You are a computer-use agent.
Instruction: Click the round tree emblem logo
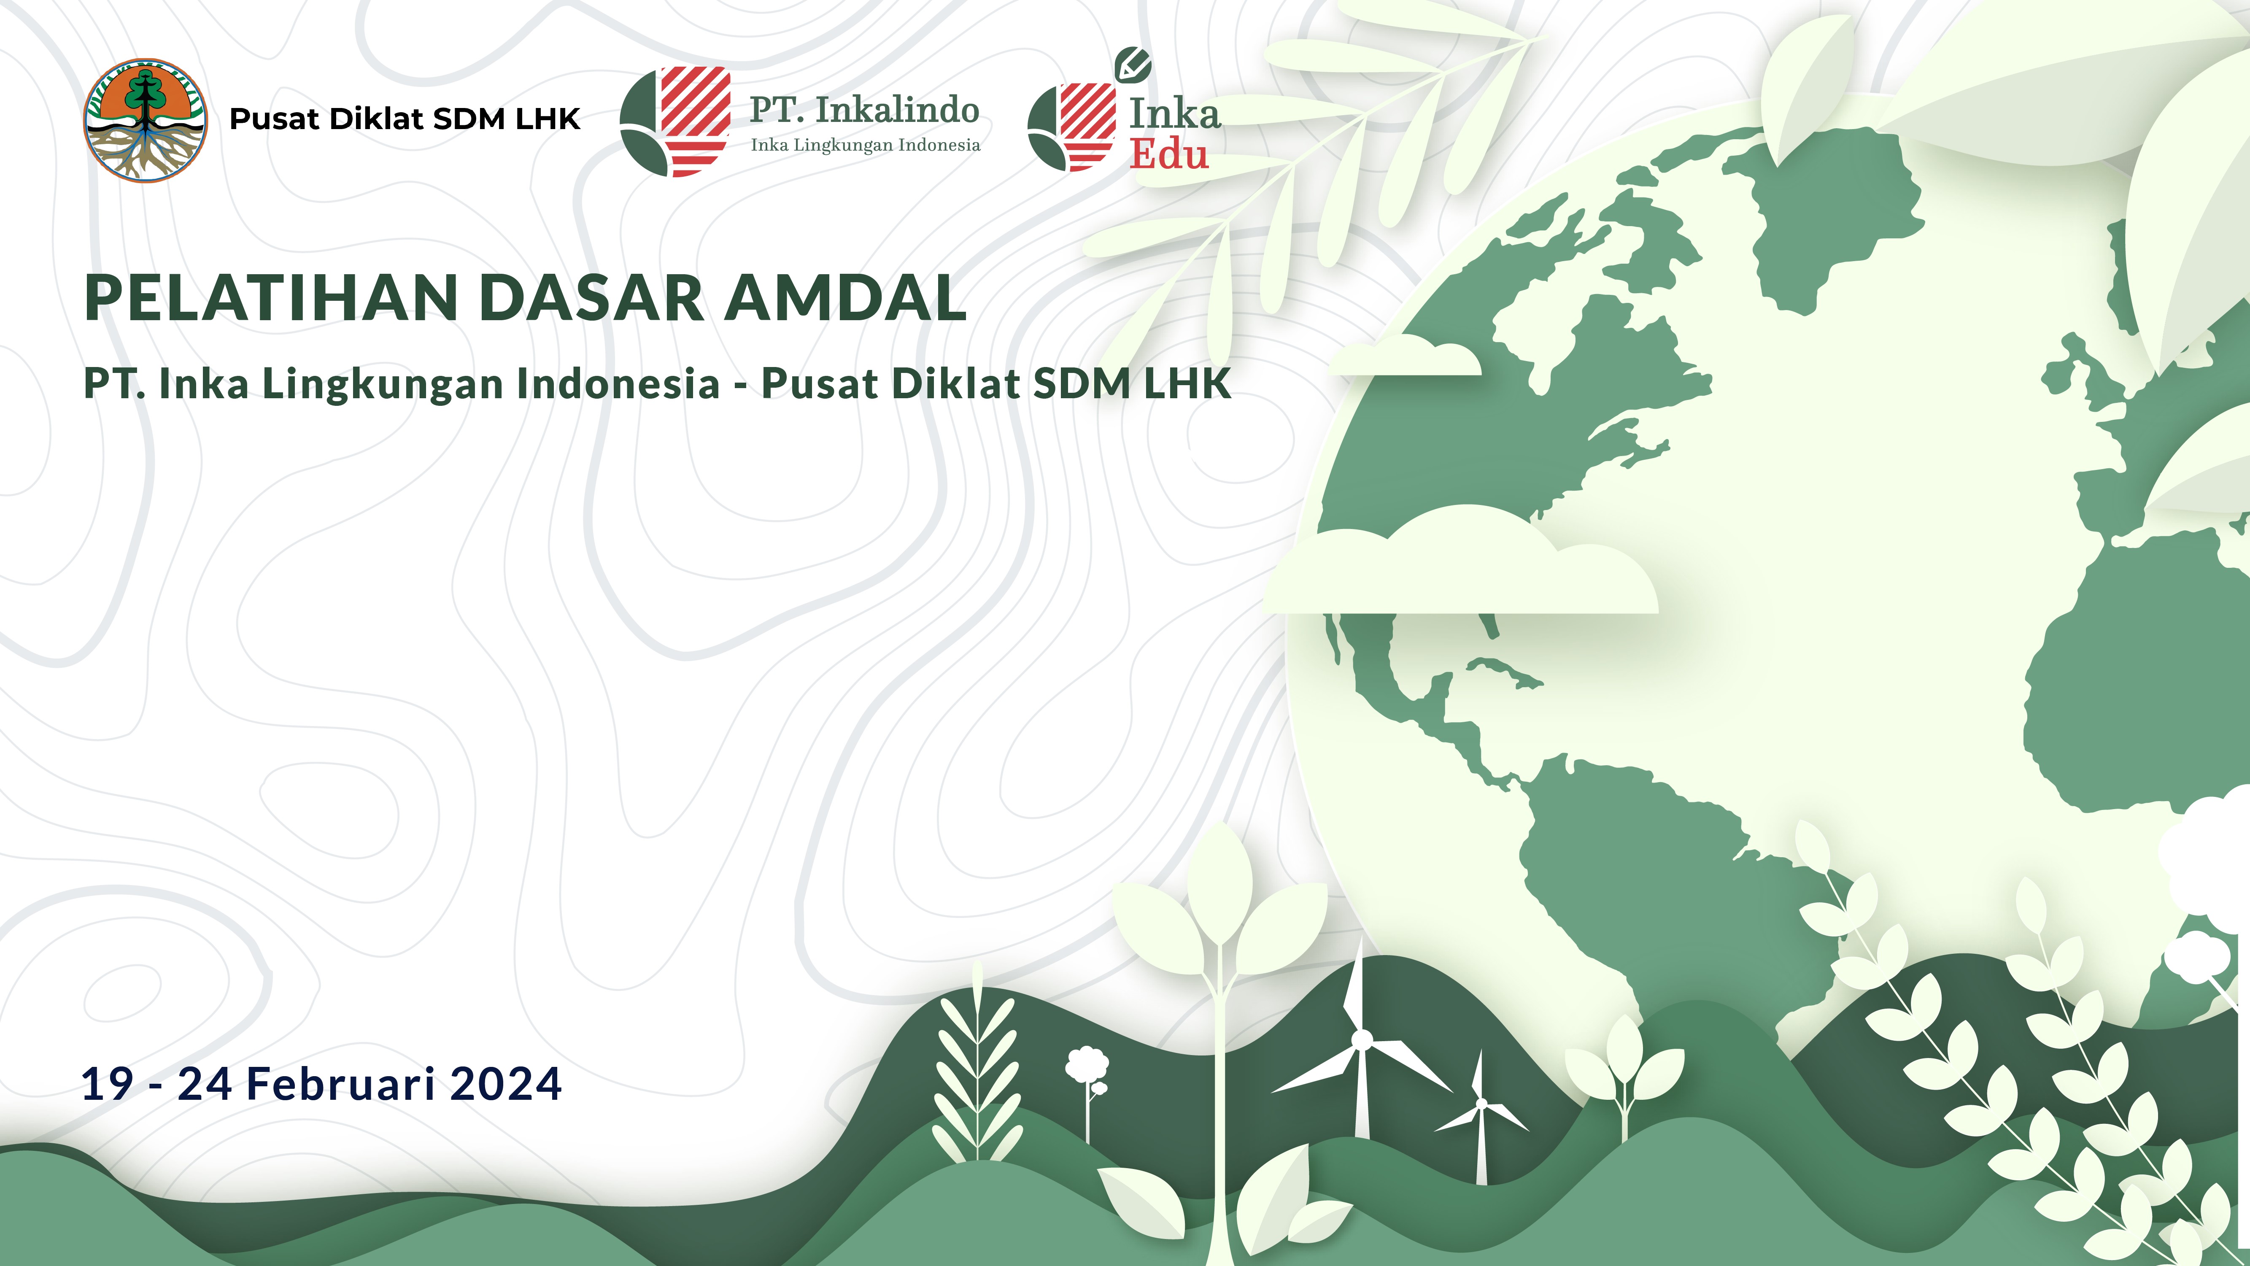pos(145,121)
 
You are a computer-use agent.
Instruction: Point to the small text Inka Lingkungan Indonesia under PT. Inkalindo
pos(865,145)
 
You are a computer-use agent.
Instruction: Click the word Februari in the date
pos(341,1083)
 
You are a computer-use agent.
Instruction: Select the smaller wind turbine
pos(1481,1118)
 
